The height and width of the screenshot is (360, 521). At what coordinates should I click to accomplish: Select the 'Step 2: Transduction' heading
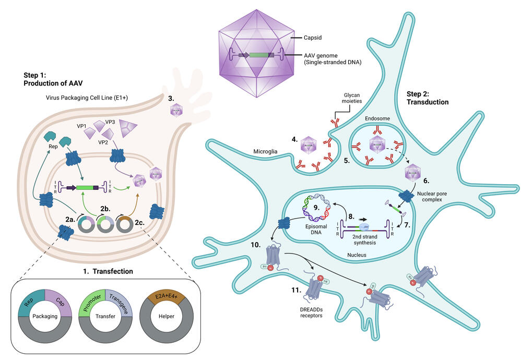[427, 98]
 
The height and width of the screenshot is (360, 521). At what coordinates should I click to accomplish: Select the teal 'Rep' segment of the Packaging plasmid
[30, 299]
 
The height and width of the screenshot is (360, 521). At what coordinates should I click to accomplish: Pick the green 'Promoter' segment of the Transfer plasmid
[90, 299]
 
